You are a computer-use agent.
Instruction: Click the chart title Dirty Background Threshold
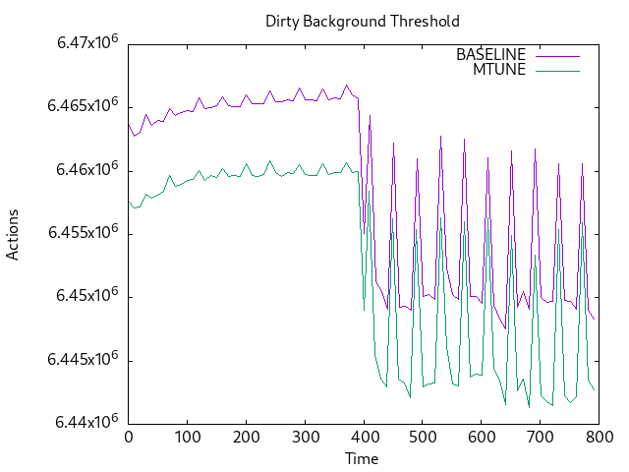363,21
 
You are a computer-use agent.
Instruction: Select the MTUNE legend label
499,69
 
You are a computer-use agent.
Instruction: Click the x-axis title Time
363,458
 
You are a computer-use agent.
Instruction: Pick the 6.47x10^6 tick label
83,44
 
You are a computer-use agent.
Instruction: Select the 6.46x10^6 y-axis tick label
83,170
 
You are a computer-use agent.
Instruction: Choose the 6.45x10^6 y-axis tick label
83,296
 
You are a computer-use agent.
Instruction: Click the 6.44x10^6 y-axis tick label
83,422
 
